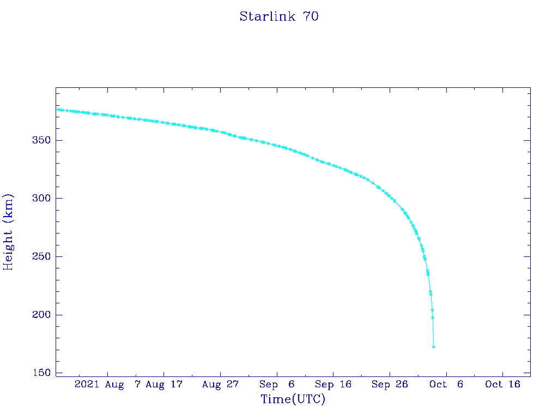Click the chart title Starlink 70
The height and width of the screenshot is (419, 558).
[x=279, y=17]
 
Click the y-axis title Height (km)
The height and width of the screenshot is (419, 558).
[x=8, y=232]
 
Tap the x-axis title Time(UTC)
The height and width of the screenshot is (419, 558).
[x=293, y=399]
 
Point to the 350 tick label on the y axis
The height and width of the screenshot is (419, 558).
[x=41, y=140]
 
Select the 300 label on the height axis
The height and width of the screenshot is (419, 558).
[x=41, y=198]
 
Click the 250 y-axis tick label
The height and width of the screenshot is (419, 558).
[x=41, y=256]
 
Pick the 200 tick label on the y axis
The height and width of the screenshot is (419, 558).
[x=41, y=315]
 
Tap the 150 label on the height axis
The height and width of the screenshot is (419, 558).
[x=41, y=373]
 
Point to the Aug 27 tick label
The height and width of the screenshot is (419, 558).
[x=220, y=385]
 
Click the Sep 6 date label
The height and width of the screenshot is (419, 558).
[x=277, y=385]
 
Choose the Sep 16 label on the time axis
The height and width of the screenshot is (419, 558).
[x=333, y=385]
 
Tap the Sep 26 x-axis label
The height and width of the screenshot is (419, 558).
[x=390, y=385]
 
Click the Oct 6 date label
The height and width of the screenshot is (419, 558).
[x=446, y=385]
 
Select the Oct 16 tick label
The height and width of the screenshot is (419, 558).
[x=502, y=385]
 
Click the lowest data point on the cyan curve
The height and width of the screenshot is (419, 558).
[x=433, y=346]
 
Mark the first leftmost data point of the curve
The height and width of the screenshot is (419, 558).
[x=58, y=110]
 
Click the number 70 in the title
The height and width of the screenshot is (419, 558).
[x=311, y=17]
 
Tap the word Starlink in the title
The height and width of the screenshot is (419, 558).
[x=267, y=17]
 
